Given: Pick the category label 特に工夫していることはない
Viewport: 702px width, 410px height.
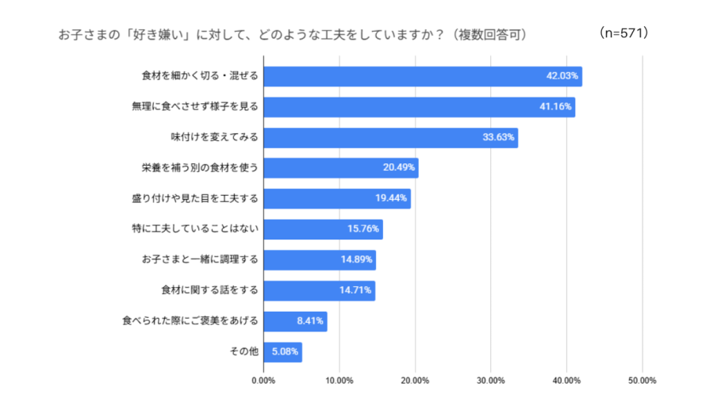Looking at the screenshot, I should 195,229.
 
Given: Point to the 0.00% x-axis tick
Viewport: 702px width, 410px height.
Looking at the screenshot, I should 263,381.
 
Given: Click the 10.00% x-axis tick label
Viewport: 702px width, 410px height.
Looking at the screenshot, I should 339,381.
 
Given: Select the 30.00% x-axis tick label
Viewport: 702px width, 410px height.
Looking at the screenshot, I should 491,381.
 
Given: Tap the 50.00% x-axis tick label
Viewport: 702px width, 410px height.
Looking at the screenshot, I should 642,381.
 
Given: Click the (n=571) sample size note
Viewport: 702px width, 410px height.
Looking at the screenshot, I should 623,33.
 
